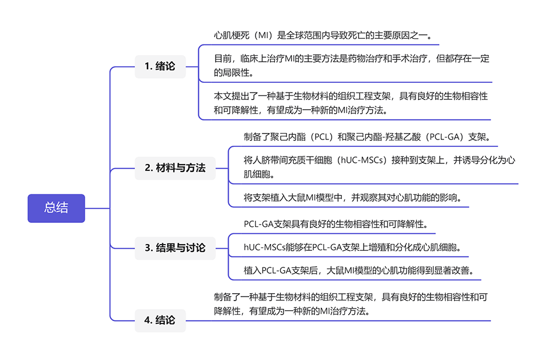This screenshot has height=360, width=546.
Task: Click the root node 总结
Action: click(x=56, y=208)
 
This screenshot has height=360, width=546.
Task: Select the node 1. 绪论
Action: click(x=160, y=66)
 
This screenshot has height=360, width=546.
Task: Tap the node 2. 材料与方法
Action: click(x=175, y=169)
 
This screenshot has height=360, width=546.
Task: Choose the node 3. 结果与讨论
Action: click(x=175, y=248)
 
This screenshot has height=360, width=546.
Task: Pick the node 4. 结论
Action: click(x=160, y=320)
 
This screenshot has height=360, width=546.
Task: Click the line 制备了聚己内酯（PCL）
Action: click(x=368, y=137)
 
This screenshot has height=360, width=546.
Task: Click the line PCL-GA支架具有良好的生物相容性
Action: click(x=336, y=223)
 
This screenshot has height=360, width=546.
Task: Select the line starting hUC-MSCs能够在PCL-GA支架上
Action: click(x=352, y=247)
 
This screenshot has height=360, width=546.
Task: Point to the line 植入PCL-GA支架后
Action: click(x=358, y=270)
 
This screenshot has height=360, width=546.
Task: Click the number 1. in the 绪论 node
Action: click(x=149, y=66)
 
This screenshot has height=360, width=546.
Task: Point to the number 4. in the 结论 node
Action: click(x=149, y=320)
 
